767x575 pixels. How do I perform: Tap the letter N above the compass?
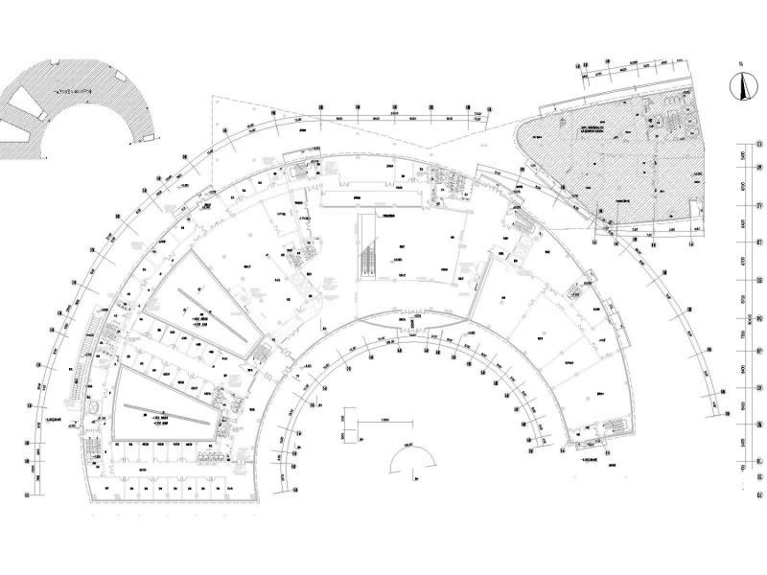(x=739, y=67)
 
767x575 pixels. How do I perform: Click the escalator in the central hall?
(x=366, y=246)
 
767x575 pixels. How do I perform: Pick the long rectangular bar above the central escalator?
(x=372, y=198)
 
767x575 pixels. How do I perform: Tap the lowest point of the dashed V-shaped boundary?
(x=423, y=148)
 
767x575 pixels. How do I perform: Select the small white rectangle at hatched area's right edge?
(x=694, y=209)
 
